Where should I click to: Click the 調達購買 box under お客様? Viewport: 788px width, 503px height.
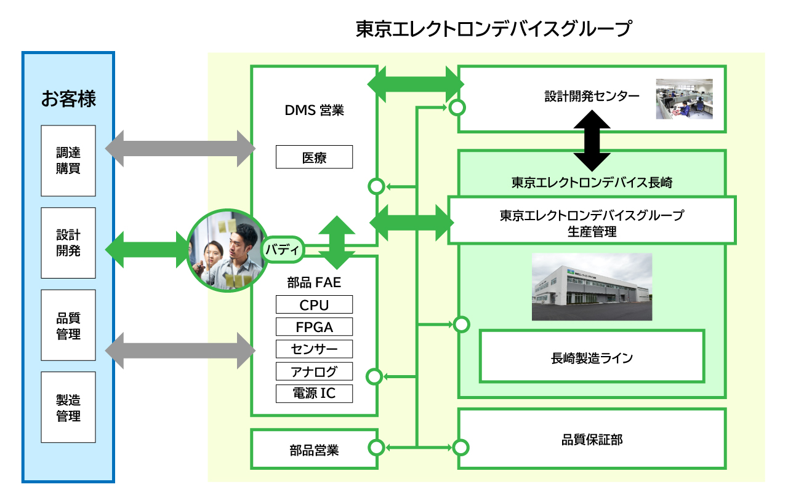[68, 160]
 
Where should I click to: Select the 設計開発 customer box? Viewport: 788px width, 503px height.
[68, 243]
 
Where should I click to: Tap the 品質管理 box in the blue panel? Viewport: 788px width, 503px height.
[68, 325]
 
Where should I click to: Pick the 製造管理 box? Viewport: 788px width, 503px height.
[68, 407]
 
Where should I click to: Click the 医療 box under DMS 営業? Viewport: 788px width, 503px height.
[314, 157]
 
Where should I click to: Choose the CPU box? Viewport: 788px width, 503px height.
[314, 304]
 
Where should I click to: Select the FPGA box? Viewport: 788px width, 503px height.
[314, 327]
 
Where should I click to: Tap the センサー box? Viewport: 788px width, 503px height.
[314, 349]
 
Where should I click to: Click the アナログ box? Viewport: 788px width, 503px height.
[314, 371]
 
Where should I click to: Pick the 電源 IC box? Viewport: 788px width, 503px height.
[314, 394]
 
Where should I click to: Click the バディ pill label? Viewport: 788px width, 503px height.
[283, 250]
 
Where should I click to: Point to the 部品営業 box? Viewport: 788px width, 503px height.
[314, 449]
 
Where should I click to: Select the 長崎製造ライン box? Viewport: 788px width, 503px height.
[592, 356]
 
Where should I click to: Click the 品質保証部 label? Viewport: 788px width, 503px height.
[592, 440]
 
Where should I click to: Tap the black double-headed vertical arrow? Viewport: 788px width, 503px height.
[592, 140]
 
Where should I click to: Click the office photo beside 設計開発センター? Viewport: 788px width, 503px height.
[684, 99]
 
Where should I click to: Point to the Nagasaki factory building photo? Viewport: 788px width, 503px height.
[592, 287]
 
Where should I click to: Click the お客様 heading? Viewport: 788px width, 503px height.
[68, 99]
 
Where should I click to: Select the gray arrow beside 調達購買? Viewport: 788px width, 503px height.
[180, 149]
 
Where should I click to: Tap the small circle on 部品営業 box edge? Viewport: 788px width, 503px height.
[376, 448]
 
